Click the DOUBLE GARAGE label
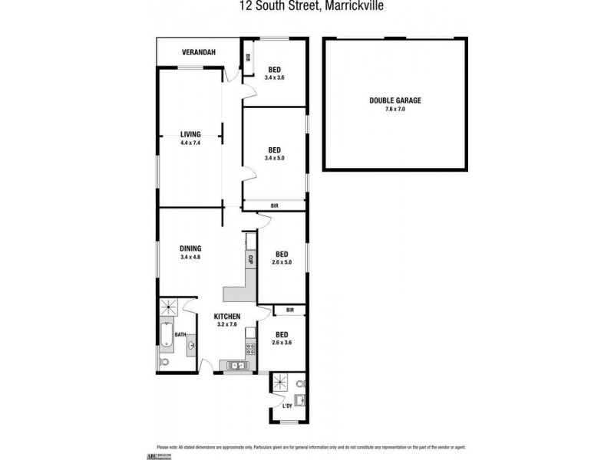395,100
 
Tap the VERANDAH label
198,52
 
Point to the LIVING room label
190,133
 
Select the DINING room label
190,248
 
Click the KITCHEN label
228,317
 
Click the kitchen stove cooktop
249,350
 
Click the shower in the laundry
279,383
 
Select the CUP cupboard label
250,259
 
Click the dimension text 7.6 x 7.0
395,110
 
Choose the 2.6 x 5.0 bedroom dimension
282,263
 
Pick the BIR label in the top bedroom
248,57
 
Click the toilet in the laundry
301,383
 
